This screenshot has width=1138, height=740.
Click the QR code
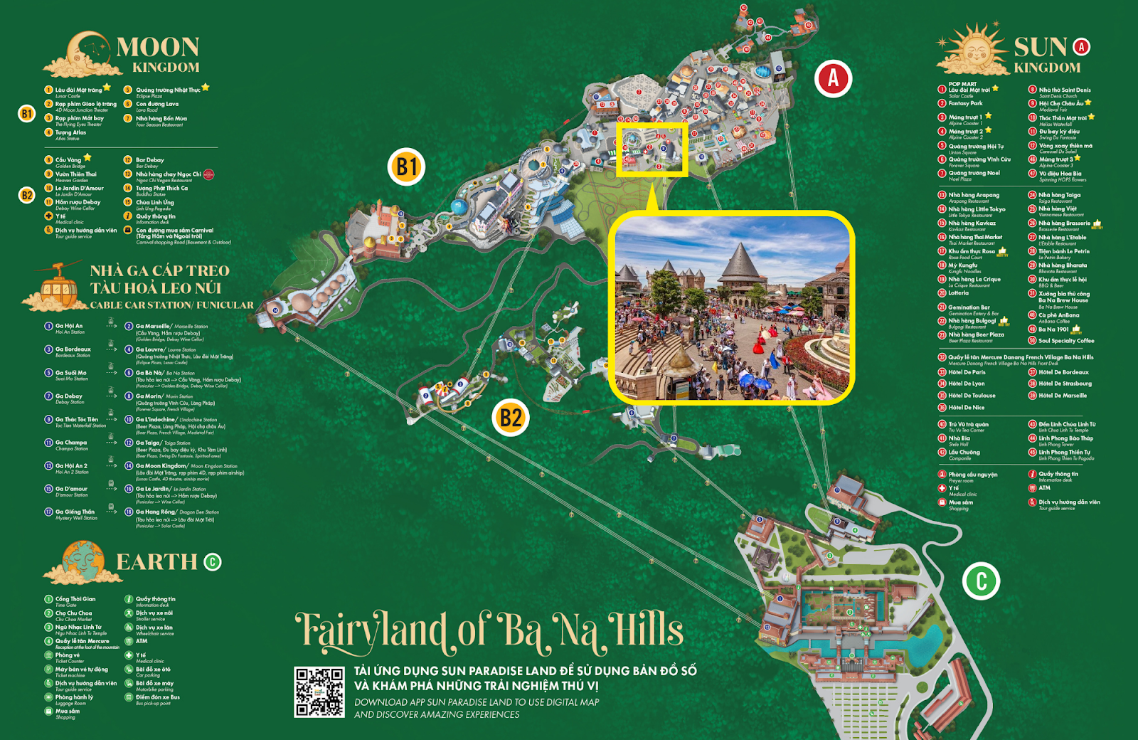point(319,692)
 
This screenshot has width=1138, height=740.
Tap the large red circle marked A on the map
point(833,78)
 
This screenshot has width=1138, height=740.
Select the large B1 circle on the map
point(407,167)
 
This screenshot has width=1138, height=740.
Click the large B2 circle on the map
point(511,418)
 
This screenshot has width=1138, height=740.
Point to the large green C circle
point(981,581)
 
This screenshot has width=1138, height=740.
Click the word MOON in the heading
point(158,48)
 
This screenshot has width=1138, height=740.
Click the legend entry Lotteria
point(958,293)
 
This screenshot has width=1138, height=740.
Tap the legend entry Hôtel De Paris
point(966,372)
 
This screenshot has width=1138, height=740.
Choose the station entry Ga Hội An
point(69,327)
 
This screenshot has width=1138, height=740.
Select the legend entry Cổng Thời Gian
point(75,600)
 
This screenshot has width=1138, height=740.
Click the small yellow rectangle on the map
point(652,149)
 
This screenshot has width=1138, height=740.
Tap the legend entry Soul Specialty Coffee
point(1065,341)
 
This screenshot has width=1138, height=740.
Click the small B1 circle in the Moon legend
point(26,113)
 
